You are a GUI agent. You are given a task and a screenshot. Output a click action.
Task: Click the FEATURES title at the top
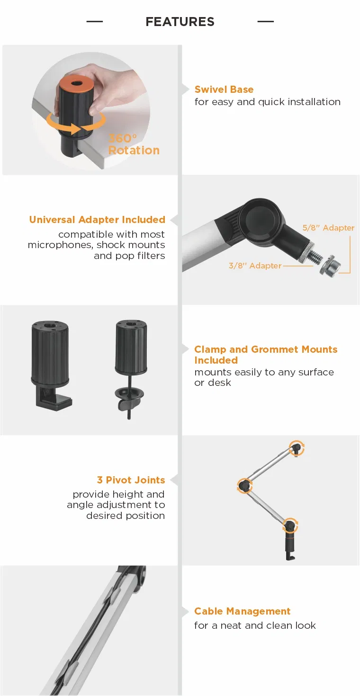click(180, 22)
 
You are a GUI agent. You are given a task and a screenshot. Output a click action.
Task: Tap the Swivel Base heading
click(224, 89)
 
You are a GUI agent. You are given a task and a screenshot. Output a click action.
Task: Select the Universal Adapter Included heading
click(97, 220)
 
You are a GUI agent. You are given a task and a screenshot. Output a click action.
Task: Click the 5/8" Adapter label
click(328, 228)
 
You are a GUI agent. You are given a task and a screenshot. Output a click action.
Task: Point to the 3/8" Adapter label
click(255, 266)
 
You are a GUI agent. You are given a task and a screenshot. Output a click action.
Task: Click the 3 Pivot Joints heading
click(131, 480)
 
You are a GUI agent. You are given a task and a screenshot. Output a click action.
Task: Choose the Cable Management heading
click(242, 611)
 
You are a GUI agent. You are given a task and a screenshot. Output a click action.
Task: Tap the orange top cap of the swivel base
click(76, 83)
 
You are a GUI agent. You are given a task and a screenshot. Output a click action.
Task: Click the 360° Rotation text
click(134, 144)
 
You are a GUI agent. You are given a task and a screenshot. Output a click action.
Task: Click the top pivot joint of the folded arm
click(296, 448)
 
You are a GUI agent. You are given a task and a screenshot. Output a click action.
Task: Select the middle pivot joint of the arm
click(245, 485)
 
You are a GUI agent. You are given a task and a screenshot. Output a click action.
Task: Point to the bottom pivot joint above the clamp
click(290, 526)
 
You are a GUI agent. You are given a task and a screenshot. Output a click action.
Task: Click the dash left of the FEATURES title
click(95, 21)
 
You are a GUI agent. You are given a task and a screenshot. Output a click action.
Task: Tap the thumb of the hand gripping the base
click(99, 106)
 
